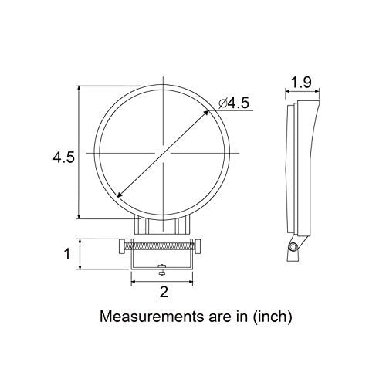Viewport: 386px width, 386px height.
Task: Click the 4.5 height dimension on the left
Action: pos(63,157)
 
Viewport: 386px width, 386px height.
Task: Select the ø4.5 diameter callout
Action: pos(235,102)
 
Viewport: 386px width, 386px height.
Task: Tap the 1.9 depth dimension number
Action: pos(302,83)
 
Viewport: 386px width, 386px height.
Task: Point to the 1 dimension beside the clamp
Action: pos(67,253)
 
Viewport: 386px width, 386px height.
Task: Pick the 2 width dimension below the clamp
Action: pos(163,291)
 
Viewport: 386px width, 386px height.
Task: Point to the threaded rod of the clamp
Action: pos(162,246)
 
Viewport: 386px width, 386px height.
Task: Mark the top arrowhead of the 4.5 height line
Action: pos(80,89)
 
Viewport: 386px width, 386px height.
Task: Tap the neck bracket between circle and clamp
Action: pos(162,226)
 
